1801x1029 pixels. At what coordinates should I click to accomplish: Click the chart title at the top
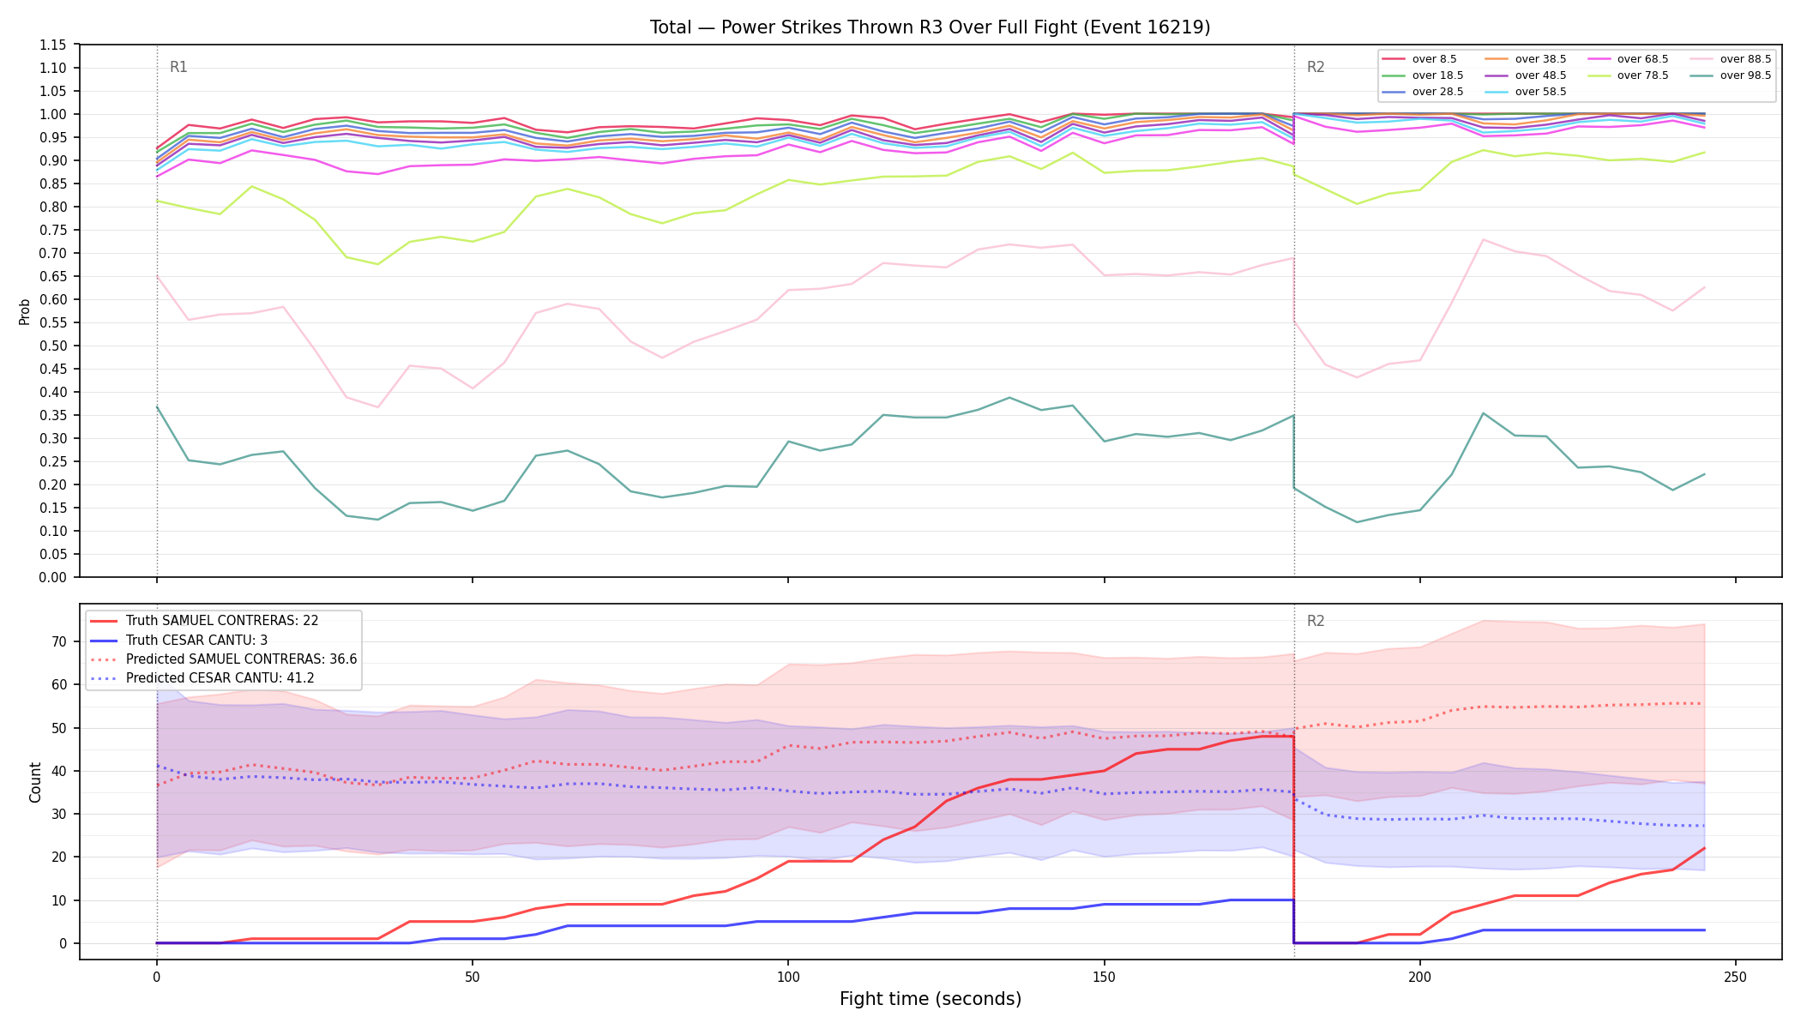click(930, 27)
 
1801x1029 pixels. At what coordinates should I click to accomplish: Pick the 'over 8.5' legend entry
click(1419, 59)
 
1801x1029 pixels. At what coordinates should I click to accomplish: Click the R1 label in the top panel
click(178, 67)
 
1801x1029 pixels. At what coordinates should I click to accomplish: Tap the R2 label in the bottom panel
click(1316, 621)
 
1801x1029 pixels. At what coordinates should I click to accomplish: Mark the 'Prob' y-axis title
click(25, 311)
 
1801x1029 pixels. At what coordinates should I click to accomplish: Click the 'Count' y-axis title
click(35, 782)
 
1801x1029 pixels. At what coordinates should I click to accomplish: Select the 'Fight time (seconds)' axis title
click(931, 999)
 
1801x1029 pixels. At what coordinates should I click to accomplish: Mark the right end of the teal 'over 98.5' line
click(1704, 474)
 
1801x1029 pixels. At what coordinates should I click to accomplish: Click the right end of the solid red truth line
click(1704, 848)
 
